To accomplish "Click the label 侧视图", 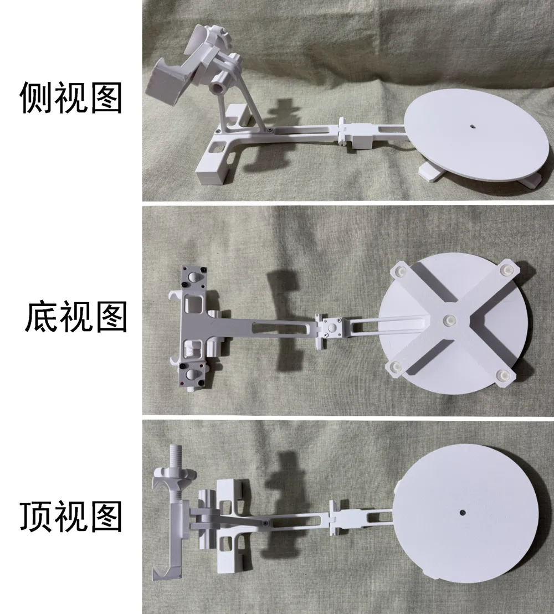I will click(x=70, y=97).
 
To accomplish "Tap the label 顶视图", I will click(x=70, y=517).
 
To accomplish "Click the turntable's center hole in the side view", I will click(x=473, y=126).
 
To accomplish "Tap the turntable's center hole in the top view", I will click(x=461, y=512).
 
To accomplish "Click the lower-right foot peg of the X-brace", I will click(x=504, y=375).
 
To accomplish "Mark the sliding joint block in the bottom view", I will click(x=331, y=330).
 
